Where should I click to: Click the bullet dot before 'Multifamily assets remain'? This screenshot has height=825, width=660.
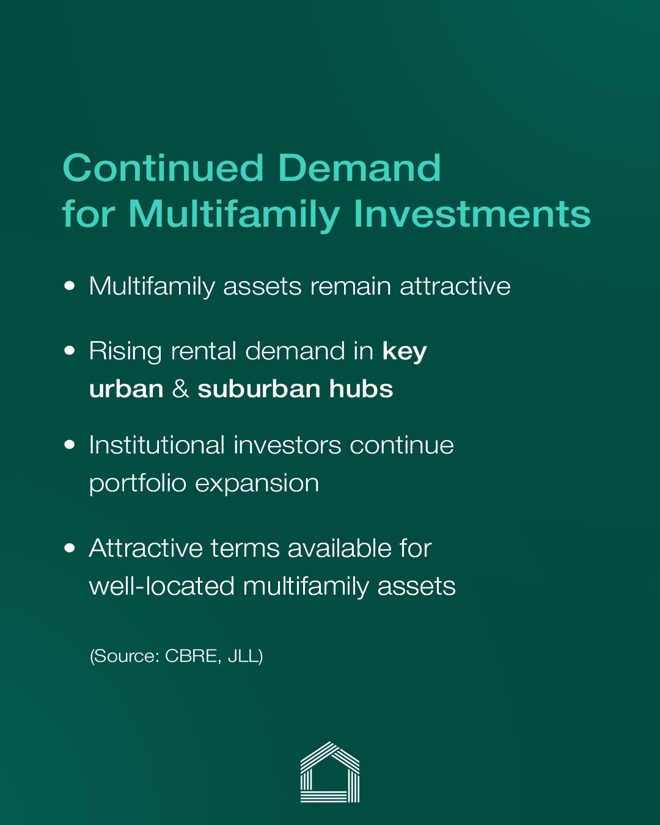(x=70, y=285)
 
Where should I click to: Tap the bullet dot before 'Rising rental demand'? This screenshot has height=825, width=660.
(x=70, y=350)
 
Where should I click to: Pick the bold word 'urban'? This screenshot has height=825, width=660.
(x=127, y=389)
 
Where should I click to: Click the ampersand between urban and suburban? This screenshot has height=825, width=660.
(x=180, y=389)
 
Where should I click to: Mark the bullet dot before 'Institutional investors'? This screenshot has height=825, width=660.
(x=70, y=444)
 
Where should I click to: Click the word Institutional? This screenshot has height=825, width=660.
(x=157, y=445)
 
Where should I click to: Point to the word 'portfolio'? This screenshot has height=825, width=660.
(x=137, y=483)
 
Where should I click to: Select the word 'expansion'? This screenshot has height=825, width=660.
(x=257, y=484)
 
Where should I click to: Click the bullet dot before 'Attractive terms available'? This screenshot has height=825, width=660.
(x=70, y=548)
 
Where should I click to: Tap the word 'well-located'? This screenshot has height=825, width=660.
(x=162, y=586)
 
